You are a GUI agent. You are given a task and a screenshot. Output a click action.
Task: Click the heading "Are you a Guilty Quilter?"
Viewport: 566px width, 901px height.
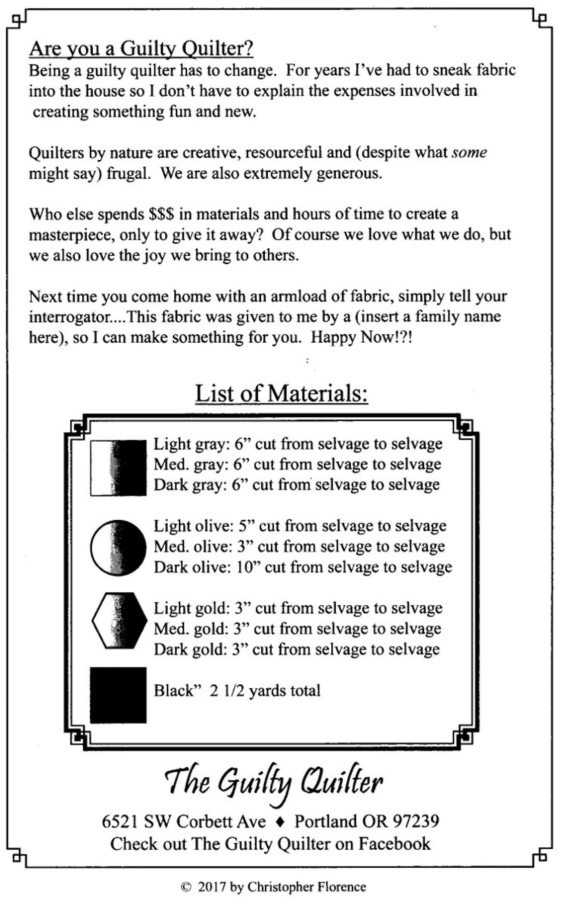(141, 49)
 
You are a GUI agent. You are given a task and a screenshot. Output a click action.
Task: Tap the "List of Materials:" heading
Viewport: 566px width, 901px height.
(281, 393)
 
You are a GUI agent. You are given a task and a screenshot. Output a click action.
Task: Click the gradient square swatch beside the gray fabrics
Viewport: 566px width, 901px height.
(118, 468)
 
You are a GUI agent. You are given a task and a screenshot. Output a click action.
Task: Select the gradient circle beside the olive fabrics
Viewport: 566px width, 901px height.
(118, 547)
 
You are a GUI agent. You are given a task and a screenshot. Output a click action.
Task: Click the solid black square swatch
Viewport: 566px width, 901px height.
(118, 695)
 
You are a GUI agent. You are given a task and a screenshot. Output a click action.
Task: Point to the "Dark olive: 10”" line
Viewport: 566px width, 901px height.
(302, 567)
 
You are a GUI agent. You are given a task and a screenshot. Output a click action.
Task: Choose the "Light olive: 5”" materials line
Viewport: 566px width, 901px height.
(300, 526)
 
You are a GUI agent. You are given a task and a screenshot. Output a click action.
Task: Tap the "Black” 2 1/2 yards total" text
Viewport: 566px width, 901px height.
(237, 690)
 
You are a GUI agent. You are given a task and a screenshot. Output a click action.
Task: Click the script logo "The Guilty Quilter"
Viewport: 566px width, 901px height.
(273, 783)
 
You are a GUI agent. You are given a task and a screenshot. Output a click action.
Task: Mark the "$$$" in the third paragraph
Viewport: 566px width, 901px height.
(161, 214)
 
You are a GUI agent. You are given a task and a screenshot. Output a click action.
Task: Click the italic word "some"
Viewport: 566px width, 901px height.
(469, 152)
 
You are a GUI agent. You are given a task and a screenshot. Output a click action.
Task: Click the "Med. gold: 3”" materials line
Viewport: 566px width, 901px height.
(297, 629)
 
